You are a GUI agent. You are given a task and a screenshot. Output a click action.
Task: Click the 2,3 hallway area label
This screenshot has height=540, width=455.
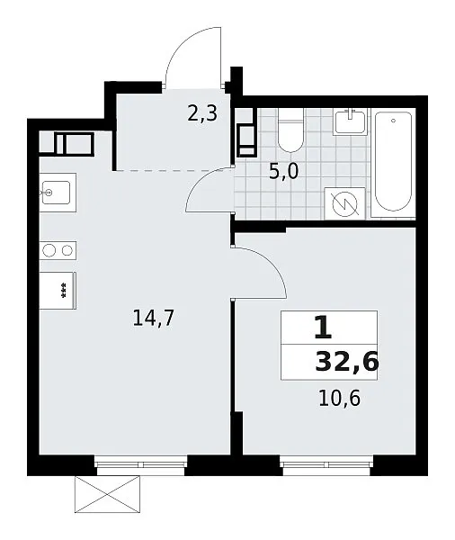click(x=202, y=113)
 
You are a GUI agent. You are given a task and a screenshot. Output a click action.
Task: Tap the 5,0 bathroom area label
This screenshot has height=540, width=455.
click(x=283, y=172)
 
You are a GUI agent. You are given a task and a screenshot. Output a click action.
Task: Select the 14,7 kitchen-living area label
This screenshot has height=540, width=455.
click(x=154, y=318)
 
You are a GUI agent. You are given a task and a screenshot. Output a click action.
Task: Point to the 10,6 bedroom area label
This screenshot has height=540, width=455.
click(x=339, y=399)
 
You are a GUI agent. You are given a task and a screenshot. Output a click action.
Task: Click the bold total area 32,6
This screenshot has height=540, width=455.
click(x=347, y=363)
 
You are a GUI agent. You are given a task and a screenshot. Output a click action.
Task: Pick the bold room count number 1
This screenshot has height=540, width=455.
click(x=323, y=328)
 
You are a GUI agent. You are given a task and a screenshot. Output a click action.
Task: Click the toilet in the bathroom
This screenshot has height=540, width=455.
click(x=290, y=130)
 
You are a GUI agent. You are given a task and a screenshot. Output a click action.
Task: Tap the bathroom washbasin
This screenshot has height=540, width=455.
click(x=350, y=121)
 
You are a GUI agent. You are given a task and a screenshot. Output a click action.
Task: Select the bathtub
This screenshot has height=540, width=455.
click(x=393, y=163)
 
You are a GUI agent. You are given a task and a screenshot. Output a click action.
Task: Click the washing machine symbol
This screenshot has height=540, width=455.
click(x=345, y=204)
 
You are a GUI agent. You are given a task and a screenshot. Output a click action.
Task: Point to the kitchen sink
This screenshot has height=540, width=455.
click(x=58, y=193)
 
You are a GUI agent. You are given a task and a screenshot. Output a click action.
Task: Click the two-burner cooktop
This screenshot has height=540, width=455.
click(x=58, y=250)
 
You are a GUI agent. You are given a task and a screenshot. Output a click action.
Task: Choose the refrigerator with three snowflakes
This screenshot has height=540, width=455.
click(x=58, y=291)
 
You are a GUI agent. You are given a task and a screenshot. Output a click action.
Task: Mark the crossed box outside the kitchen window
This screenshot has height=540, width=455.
click(x=107, y=494)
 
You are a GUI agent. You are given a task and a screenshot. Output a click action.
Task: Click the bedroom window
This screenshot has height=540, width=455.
click(x=326, y=465)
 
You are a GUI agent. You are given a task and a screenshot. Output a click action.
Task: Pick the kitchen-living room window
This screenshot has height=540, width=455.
click(x=141, y=465)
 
